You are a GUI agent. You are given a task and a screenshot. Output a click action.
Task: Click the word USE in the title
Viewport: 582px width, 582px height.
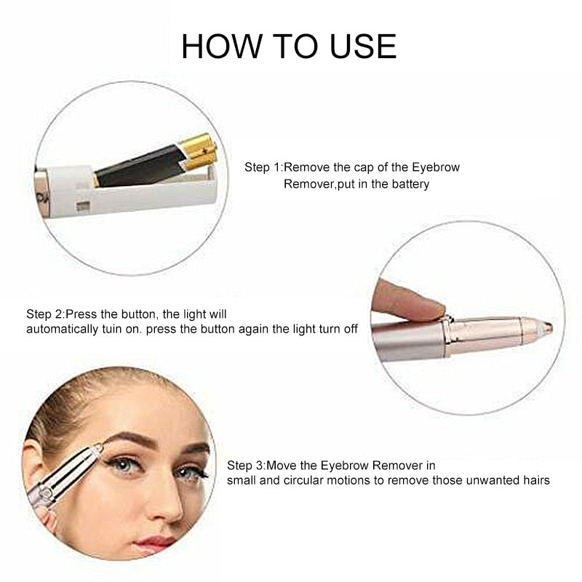point(362,47)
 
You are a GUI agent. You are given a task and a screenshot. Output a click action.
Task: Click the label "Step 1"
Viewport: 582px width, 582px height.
point(263,167)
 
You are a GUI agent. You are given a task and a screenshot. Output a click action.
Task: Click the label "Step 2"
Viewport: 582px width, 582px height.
point(45,314)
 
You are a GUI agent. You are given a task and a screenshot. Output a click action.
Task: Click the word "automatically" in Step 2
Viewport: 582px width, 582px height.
point(60,329)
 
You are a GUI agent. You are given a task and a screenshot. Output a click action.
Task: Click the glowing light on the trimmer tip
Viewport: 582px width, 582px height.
point(546,328)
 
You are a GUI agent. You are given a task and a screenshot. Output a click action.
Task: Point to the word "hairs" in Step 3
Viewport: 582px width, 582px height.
point(534,480)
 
